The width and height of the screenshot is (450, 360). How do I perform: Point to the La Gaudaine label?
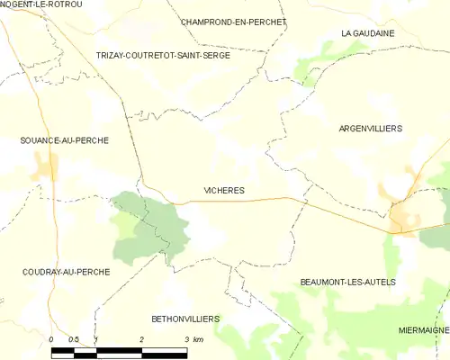pos(368,33)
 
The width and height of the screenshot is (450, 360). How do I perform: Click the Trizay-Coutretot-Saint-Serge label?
pos(164,56)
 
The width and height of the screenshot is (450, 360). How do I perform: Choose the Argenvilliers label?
pos(370,129)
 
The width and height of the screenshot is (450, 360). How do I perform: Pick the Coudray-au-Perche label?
pos(67,271)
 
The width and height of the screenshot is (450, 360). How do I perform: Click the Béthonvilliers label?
pos(185,319)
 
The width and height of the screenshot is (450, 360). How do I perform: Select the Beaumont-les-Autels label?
pos(347,282)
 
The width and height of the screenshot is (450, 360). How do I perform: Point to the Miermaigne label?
pos(423,330)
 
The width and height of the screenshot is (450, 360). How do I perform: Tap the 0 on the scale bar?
pos(52,339)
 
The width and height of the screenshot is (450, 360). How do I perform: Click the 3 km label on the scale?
pos(191,339)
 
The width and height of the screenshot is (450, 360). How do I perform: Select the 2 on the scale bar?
pos(141,339)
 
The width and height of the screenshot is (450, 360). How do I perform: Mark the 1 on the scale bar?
pos(96,339)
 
